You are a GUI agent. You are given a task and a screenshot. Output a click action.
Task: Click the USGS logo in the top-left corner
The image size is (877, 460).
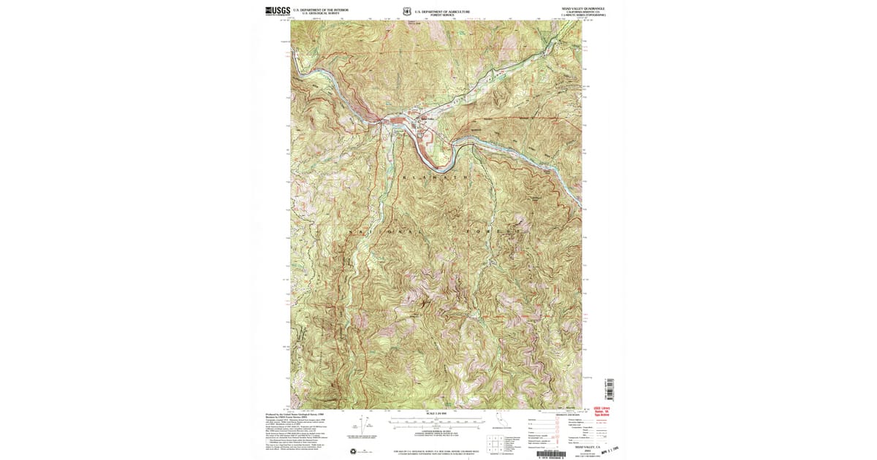[278, 11]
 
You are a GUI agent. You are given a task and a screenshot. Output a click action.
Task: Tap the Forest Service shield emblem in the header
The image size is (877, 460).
[406, 11]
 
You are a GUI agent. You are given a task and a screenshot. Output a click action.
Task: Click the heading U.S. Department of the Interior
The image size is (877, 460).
[321, 10]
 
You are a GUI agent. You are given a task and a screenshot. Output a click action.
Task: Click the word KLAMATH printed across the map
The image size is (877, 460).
[437, 177]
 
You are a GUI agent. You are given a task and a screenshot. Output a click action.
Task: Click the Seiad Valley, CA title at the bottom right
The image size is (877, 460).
[582, 446]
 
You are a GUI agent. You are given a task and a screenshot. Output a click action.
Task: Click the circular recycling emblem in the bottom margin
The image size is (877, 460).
[354, 451]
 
